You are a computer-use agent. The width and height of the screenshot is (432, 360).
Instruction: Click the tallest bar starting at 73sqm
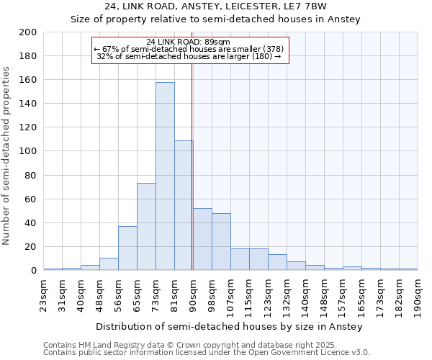click(165, 176)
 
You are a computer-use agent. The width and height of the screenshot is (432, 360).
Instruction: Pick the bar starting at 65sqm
click(146, 227)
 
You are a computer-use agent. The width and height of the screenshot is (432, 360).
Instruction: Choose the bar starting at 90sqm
click(202, 239)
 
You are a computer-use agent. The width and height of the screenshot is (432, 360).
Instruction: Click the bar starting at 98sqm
click(221, 242)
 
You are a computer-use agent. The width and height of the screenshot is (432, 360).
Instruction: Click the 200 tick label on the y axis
click(28, 32)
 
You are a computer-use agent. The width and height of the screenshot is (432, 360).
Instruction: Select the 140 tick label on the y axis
click(28, 104)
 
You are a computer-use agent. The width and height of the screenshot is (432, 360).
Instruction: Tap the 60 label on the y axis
click(31, 199)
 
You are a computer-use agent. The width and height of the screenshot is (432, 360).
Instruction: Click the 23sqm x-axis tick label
click(44, 295)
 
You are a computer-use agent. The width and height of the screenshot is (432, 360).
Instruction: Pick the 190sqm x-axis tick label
click(418, 295)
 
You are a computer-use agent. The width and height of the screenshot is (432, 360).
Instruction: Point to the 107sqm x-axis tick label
click(230, 295)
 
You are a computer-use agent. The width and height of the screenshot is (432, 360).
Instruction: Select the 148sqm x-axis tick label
click(324, 295)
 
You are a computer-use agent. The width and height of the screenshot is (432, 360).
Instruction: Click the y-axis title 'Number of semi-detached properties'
click(7, 155)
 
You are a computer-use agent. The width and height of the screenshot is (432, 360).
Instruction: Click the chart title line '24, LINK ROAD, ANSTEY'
click(215, 6)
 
